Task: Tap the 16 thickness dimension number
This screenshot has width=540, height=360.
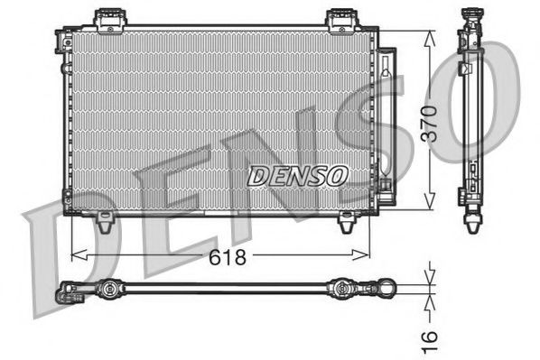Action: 432,337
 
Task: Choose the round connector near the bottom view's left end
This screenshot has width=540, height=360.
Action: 107,290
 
